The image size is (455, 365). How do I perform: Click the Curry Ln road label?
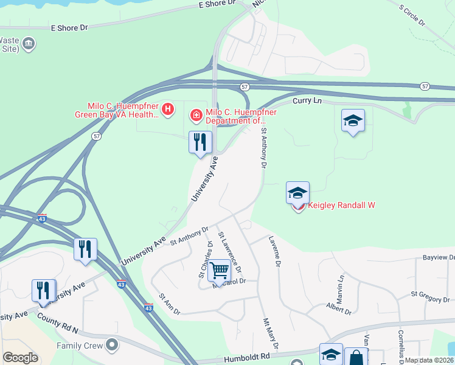(308, 101)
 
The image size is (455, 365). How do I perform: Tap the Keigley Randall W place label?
(341, 206)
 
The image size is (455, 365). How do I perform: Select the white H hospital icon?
(168, 109)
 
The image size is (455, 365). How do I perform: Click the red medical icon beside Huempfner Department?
(196, 114)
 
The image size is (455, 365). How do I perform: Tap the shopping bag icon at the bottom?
(356, 357)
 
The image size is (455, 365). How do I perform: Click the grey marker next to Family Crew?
(111, 346)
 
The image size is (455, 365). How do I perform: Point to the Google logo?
(20, 358)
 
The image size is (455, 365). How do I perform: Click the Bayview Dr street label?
(439, 258)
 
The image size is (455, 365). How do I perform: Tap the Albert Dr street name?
(339, 308)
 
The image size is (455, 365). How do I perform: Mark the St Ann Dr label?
(170, 304)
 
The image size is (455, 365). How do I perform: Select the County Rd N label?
(57, 322)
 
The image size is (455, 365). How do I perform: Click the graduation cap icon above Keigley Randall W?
(297, 193)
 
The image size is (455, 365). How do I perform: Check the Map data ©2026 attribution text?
(429, 360)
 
